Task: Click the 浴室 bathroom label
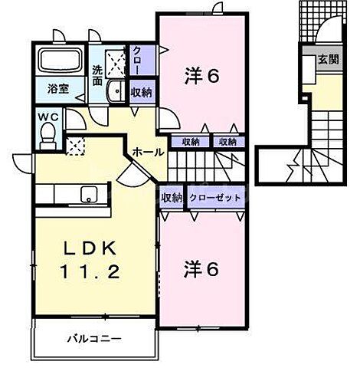click(59, 88)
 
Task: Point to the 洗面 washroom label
click(98, 75)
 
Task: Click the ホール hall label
click(146, 153)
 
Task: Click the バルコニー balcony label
click(94, 337)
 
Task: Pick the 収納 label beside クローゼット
click(172, 197)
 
